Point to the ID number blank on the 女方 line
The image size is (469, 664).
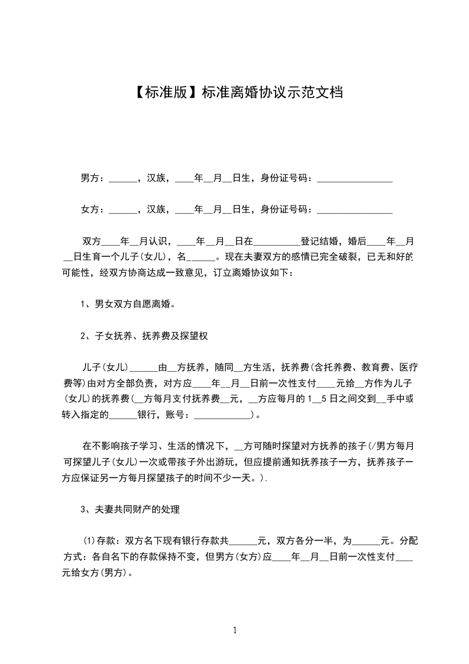point(355,210)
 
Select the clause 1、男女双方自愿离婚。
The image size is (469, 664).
point(128,305)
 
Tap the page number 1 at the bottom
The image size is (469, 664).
point(235,630)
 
